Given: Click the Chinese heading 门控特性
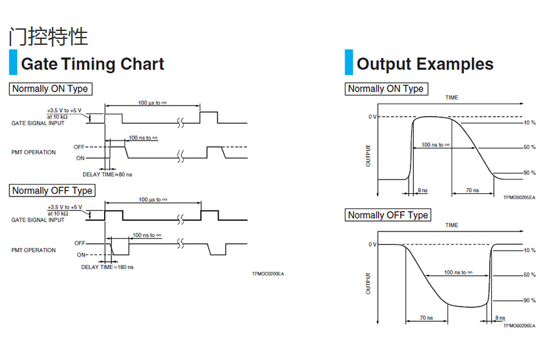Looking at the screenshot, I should click(x=48, y=36).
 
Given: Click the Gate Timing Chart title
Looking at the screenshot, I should click(x=92, y=64).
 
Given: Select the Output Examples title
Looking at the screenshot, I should click(x=424, y=64).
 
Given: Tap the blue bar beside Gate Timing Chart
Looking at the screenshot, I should click(x=13, y=63).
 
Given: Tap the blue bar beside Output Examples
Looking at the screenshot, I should click(x=349, y=63).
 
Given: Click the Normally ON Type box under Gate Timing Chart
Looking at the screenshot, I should click(x=49, y=88).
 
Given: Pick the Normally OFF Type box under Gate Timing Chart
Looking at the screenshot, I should click(x=52, y=191).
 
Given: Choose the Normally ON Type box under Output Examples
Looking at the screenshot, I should click(x=386, y=88).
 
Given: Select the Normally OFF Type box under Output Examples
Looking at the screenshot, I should click(x=388, y=215).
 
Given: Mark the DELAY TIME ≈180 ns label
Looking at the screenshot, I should click(x=107, y=267).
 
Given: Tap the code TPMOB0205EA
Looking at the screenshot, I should click(x=519, y=197).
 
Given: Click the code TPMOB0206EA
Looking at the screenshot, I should click(x=519, y=326).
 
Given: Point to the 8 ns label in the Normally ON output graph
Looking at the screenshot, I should click(x=423, y=190).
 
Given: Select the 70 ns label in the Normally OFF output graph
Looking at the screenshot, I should click(x=426, y=318).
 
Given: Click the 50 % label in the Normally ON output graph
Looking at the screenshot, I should click(x=529, y=147).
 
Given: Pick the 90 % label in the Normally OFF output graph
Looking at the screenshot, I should click(x=529, y=301).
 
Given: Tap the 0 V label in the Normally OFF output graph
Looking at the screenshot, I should click(x=372, y=245).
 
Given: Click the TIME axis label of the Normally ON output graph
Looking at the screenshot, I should click(x=451, y=98).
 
